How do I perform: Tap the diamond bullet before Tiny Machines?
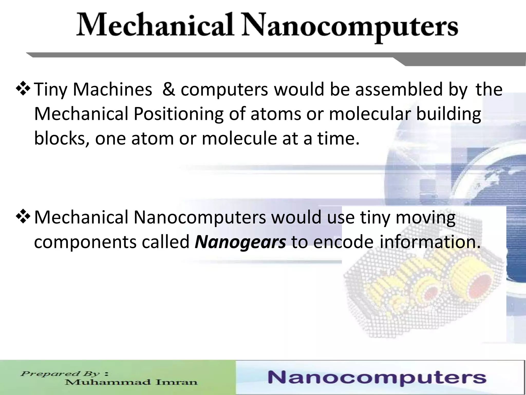(x=24, y=89)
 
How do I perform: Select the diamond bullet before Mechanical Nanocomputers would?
(x=24, y=217)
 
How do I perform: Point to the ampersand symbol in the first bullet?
(x=168, y=89)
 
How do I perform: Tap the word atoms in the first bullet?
(x=276, y=114)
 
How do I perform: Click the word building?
(x=448, y=114)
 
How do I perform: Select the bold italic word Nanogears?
(x=240, y=242)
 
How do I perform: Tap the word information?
(x=430, y=242)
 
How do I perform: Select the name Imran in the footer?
(x=177, y=382)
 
